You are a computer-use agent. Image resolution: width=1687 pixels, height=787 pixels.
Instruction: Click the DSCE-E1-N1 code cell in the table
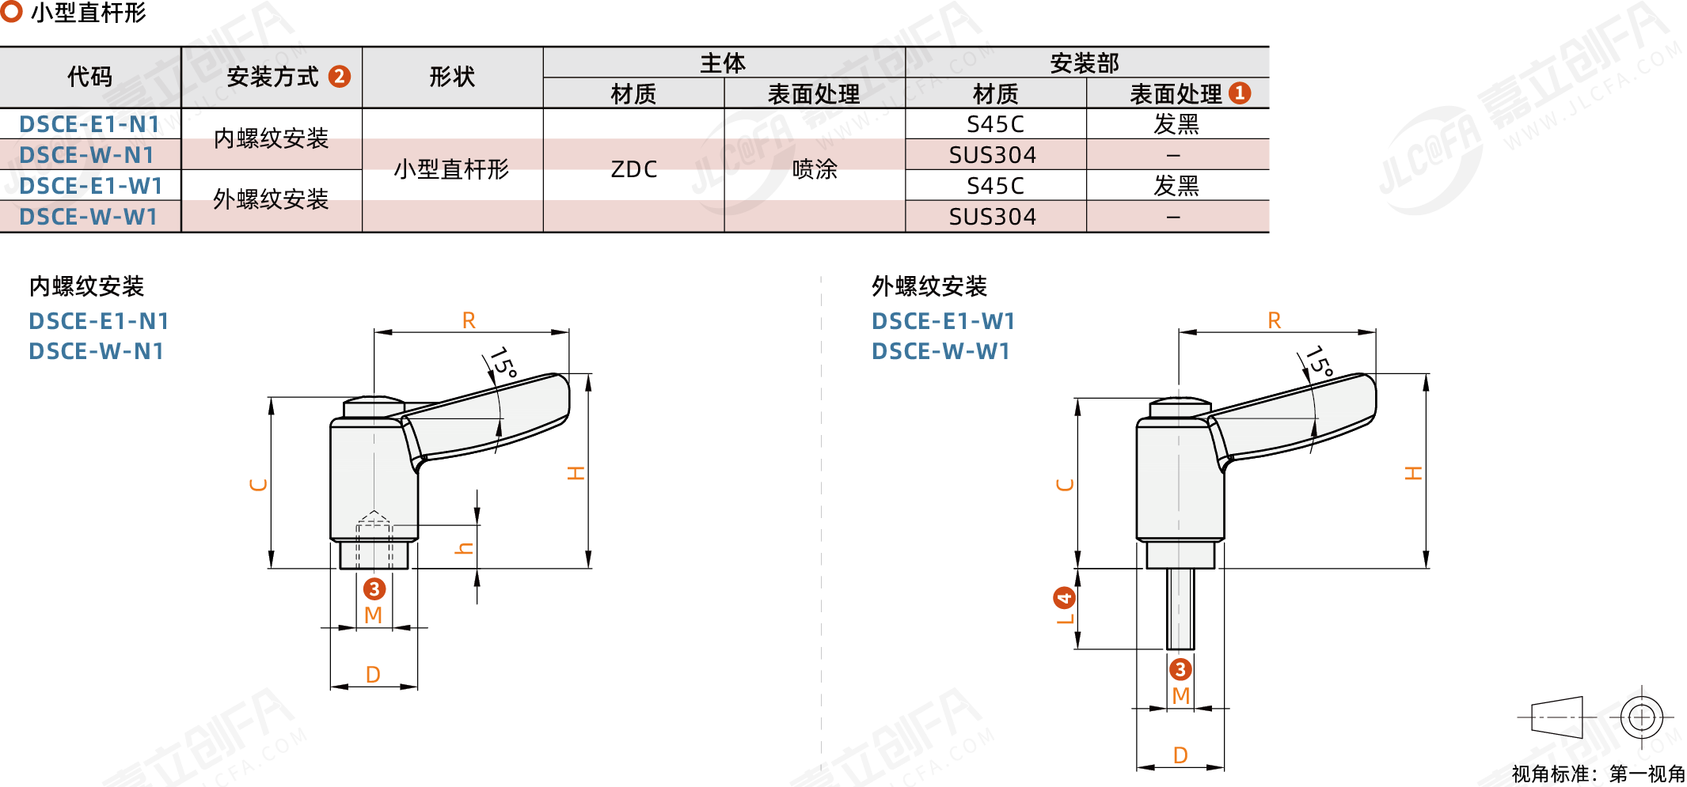89,124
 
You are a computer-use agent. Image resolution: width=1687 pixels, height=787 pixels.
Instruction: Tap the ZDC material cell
633,169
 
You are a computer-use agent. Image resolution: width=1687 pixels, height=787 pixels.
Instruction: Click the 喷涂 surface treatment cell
815,169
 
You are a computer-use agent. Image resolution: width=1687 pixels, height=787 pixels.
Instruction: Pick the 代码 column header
89,77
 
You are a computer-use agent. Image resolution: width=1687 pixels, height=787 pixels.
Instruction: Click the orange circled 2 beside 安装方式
340,77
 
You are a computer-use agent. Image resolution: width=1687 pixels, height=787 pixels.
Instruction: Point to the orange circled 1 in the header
1240,93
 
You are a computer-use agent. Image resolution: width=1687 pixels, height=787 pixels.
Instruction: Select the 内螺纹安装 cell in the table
271,138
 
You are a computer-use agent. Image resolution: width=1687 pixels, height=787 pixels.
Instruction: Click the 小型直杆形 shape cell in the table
451,169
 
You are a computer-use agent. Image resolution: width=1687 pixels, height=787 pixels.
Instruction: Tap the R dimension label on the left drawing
469,320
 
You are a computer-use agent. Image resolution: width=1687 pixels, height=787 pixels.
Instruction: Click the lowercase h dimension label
465,548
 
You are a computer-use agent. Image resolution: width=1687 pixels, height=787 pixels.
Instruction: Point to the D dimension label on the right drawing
1180,755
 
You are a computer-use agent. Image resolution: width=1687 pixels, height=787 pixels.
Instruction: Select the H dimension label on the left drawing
576,473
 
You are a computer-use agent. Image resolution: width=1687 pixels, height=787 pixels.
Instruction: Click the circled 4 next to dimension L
1064,597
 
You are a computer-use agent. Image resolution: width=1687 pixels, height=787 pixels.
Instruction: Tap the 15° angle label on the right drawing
1319,362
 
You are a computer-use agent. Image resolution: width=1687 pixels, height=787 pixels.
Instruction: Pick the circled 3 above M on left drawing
374,588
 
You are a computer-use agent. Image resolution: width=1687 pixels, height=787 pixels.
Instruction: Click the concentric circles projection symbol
1642,717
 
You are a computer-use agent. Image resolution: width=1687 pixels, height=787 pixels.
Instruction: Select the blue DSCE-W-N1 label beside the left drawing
97,351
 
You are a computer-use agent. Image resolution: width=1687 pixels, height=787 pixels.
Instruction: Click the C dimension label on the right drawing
1066,484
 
